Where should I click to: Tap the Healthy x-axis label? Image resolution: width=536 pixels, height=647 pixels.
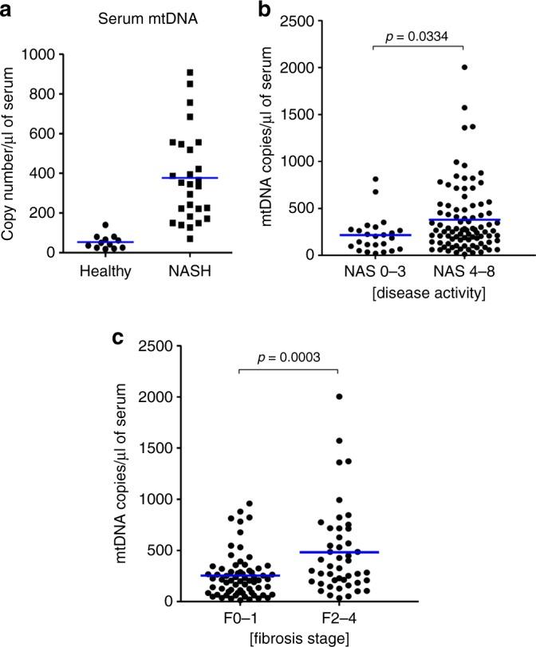98,272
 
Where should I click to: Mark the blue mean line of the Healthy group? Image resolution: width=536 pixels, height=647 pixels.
99,242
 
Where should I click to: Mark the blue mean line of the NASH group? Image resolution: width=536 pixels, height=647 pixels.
190,178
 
